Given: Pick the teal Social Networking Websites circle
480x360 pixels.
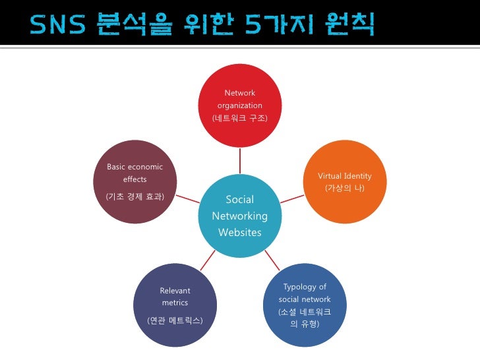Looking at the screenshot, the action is tap(240, 216).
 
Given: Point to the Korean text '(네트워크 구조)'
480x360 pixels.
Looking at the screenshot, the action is tap(239, 118).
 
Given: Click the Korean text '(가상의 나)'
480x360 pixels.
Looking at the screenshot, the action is tap(344, 189).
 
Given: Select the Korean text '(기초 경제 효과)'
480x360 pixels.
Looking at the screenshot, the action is tap(135, 196).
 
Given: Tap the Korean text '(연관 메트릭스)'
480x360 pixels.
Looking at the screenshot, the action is tap(175, 320).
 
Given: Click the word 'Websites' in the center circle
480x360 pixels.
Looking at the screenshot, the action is tap(240, 232).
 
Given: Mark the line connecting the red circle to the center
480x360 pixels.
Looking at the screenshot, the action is tap(240, 162).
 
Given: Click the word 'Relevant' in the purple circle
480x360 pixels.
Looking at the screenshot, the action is tap(175, 290).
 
